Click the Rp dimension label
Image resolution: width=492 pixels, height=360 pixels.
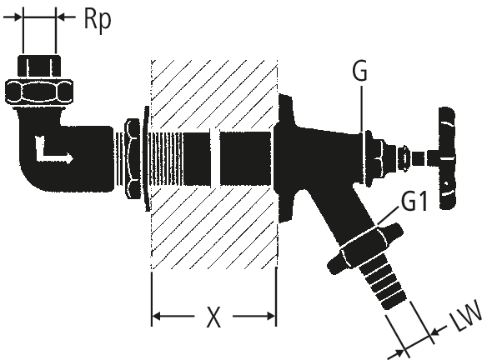point(98,20)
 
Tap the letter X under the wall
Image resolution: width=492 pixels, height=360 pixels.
point(213,317)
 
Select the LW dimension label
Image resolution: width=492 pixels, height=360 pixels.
point(465,316)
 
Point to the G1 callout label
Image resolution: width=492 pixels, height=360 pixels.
point(414,201)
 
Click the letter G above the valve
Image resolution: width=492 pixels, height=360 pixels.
point(359,71)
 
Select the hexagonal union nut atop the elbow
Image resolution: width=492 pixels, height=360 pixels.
point(39,92)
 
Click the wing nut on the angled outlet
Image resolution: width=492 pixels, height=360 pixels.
point(365,248)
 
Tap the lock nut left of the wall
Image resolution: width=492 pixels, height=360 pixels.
point(132,158)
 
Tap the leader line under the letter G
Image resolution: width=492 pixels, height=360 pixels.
point(361,109)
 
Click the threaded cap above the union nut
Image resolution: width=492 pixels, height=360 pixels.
point(39,66)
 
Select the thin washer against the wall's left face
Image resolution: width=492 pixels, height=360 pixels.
point(146,158)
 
